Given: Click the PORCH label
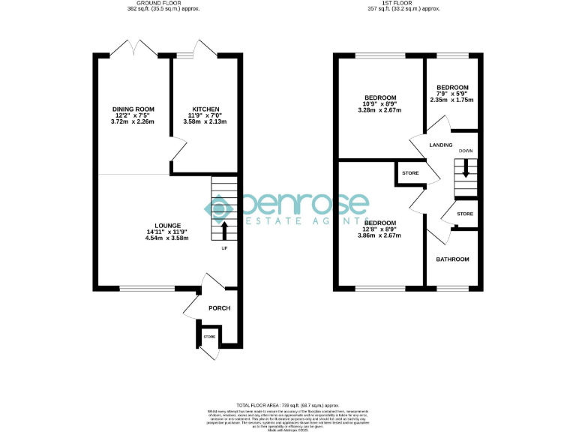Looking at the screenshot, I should [219, 308].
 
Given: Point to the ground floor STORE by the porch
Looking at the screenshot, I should [209, 337].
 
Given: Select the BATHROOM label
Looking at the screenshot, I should [453, 259].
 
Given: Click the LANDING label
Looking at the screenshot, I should [440, 145].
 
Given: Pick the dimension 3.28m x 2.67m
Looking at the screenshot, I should [380, 110].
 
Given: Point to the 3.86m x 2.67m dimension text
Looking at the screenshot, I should [380, 235].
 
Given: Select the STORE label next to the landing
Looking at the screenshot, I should [410, 174].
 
